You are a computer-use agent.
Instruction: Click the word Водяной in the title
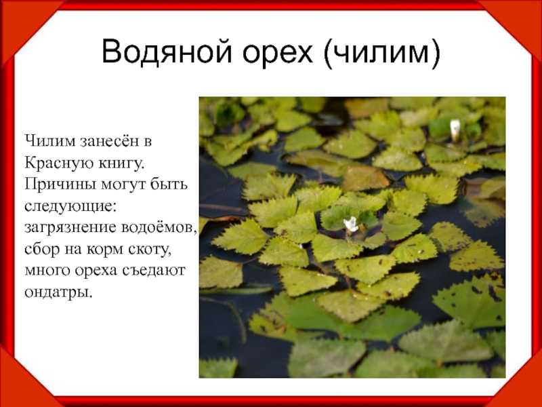[x=166, y=52]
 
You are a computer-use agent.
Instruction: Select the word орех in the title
[x=278, y=54]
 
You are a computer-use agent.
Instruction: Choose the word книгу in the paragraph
[x=121, y=163]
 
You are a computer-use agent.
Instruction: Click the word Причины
[x=60, y=184]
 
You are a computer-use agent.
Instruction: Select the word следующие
[x=69, y=207]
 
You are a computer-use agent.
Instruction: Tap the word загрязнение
[x=70, y=229]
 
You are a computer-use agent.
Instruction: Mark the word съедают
[x=154, y=271]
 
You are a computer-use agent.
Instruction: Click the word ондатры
[x=58, y=293]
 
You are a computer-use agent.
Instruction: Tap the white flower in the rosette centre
[x=351, y=225]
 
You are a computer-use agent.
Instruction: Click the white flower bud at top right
[x=455, y=130]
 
